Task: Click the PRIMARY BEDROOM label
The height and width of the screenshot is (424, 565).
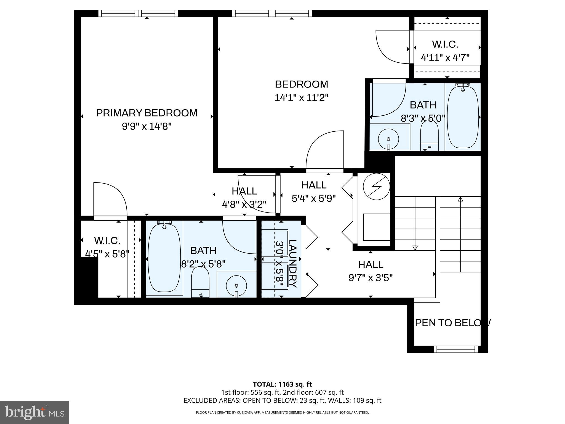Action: coord(146,113)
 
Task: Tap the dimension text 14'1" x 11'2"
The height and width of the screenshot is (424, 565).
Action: coord(302,98)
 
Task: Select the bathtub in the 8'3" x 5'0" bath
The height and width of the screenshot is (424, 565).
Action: coord(462,117)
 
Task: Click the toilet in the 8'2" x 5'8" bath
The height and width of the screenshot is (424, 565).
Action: coord(200,282)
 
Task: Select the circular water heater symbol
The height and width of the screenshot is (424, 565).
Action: coord(376,187)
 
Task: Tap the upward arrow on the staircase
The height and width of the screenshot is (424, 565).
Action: coord(460,199)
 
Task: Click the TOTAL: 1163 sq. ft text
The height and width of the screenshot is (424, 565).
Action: coord(282,384)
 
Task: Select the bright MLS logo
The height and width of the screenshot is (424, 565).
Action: coord(34,412)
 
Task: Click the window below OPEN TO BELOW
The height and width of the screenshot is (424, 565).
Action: coord(455,349)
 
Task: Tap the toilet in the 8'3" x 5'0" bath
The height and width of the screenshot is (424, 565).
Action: coord(429,136)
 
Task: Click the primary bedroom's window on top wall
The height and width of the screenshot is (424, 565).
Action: coord(138,13)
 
